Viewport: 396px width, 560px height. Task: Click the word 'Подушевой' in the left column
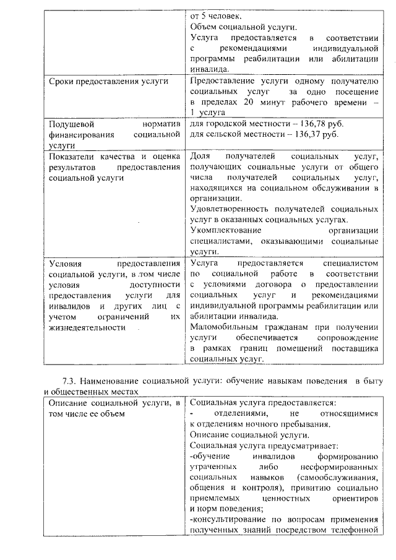pyautogui.click(x=70, y=123)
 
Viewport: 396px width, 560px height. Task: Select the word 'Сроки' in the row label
pyautogui.click(x=62, y=81)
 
